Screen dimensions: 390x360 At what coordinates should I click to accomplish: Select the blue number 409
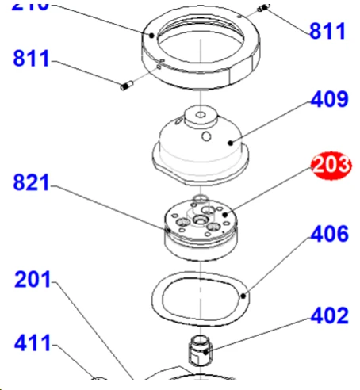329,101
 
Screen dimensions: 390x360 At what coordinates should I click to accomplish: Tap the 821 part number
31,184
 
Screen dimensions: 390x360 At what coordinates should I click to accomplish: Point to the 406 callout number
329,234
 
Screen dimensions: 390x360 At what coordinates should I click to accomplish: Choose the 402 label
329,315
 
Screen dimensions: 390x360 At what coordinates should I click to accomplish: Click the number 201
33,280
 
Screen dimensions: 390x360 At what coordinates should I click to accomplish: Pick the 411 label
33,343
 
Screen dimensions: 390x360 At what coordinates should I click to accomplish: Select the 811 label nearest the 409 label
327,32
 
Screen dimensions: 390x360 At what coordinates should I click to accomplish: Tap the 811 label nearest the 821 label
31,59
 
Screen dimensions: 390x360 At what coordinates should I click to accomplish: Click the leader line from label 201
95,333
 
